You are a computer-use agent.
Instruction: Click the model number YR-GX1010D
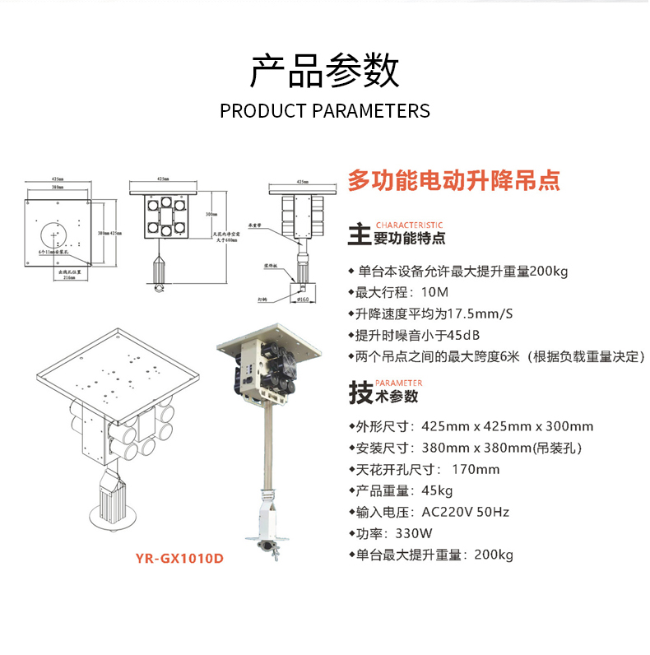pyautogui.click(x=179, y=557)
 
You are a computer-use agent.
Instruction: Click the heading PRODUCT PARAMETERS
pyautogui.click(x=325, y=111)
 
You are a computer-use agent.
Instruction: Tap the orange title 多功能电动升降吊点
pyautogui.click(x=453, y=179)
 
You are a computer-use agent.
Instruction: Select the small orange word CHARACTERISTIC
pyautogui.click(x=409, y=225)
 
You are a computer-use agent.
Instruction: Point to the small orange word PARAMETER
pyautogui.click(x=398, y=383)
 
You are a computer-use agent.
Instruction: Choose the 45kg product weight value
pyautogui.click(x=437, y=490)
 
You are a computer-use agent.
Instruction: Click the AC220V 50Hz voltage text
pyautogui.click(x=466, y=512)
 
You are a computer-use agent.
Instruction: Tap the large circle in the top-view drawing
pyautogui.click(x=56, y=233)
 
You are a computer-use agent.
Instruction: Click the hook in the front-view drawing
pyautogui.click(x=159, y=289)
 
